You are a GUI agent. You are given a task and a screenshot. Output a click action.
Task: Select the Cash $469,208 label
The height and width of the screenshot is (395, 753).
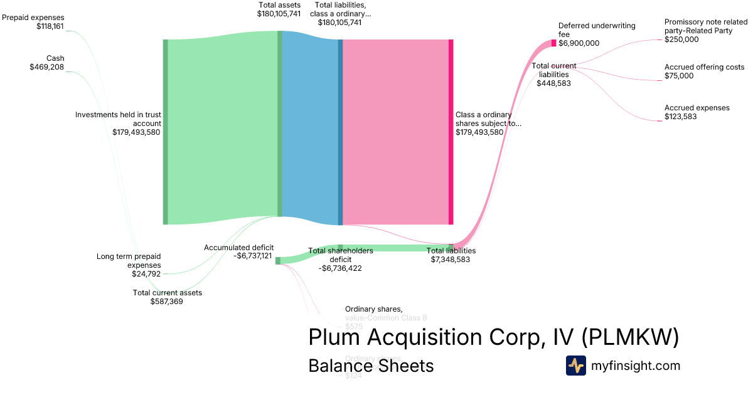point(46,63)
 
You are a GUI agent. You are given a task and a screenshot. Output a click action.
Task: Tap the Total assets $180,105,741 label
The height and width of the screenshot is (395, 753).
point(279,9)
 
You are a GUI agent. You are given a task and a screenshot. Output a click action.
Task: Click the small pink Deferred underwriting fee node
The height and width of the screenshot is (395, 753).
point(553,43)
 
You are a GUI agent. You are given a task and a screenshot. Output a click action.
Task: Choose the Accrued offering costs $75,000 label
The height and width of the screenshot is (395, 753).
point(695,71)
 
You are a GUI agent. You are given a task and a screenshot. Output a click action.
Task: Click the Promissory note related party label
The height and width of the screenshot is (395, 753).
point(705,30)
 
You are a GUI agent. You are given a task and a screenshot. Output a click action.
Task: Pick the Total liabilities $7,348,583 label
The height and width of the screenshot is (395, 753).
point(451,255)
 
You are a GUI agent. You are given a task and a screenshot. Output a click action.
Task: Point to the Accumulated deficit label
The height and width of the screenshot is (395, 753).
point(238,251)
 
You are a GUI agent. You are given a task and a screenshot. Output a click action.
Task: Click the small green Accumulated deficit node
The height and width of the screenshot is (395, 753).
point(278,260)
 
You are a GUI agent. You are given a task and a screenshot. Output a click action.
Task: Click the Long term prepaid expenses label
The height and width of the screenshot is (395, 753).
point(129,265)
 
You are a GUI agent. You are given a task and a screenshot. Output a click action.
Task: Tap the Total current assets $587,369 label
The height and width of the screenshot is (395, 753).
point(167,297)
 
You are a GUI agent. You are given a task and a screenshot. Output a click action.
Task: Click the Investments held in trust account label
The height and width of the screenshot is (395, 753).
point(118,123)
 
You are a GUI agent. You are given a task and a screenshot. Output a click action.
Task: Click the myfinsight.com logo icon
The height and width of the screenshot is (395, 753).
point(575,366)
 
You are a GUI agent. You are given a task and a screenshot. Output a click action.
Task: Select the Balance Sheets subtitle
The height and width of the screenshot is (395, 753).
point(370,366)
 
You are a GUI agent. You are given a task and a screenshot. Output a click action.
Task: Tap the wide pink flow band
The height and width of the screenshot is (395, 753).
point(395,132)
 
